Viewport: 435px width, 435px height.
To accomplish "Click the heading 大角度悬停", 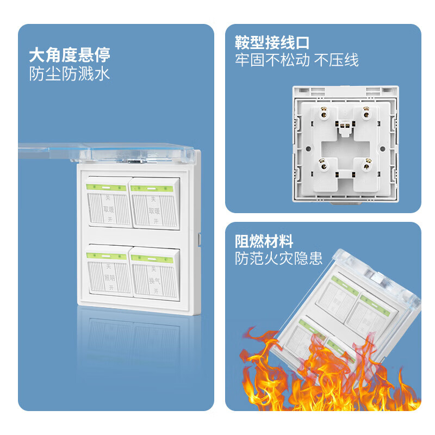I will click(70, 54).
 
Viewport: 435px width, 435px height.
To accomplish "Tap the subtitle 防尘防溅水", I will click(70, 73).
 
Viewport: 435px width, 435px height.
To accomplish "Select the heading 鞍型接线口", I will click(272, 42).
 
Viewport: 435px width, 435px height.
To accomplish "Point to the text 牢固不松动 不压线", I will click(297, 60).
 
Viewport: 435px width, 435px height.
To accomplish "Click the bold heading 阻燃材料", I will click(264, 240).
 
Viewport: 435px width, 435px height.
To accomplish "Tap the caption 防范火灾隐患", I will click(279, 258).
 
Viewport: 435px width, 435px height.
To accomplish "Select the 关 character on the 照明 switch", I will click(109, 266).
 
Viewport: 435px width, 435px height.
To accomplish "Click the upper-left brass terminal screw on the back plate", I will click(325, 114).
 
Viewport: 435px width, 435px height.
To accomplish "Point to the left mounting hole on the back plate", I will click(306, 148).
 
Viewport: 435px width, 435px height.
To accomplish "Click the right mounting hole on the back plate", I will click(383, 148).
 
